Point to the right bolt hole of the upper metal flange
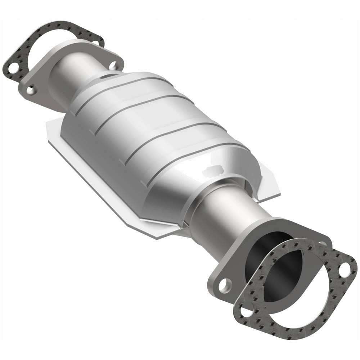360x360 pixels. [x=114, y=66]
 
